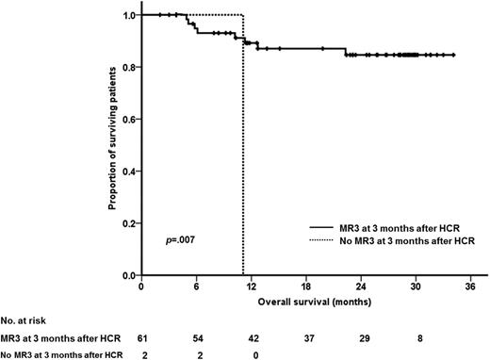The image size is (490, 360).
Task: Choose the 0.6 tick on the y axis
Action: tap(137, 120)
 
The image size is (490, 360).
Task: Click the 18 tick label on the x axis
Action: tap(305, 287)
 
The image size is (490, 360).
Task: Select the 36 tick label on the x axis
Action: tap(471, 287)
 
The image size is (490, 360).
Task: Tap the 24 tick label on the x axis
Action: tap(361, 287)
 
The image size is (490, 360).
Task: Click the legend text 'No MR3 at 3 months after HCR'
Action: tap(405, 240)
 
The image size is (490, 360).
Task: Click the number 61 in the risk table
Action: tap(140, 336)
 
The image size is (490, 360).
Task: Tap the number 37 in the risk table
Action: tap(305, 336)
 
